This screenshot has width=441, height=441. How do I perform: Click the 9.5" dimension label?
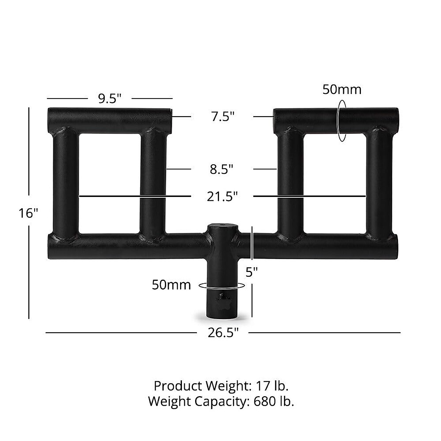pos(110,98)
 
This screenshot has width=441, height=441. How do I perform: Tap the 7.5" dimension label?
pos(223,116)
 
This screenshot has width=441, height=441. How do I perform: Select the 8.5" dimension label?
pos(222,169)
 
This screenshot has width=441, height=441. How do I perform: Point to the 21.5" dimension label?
pos(222,196)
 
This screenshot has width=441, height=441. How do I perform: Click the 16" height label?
pos(28,213)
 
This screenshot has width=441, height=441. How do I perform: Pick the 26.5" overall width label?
pos(223,333)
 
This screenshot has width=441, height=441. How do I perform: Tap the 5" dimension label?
pos(251,272)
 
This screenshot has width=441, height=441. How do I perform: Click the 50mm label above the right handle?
pos(342,89)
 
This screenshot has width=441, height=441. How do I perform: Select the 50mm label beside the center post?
pos(171,285)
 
